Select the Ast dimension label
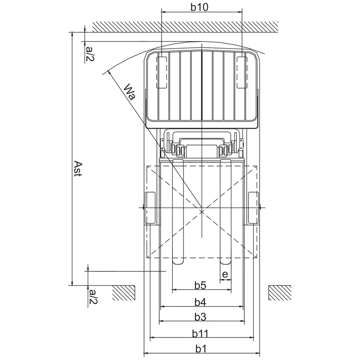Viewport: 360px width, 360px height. [78, 168]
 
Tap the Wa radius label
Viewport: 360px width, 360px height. [130, 91]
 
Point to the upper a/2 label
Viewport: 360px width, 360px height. [90, 53]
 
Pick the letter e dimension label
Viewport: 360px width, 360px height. [225, 274]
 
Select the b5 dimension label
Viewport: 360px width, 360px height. [200, 285]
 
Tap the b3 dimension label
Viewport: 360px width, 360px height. [200, 317]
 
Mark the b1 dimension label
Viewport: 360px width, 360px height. [200, 349]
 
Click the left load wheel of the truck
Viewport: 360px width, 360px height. [149, 208]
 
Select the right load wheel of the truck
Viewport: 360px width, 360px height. [254, 208]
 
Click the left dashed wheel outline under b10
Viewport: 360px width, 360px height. [161, 72]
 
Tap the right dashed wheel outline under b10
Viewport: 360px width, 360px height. [242, 72]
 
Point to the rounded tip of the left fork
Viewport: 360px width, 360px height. [178, 261]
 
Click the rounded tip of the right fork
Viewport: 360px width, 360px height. [225, 261]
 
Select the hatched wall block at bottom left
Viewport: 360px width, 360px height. [124, 293]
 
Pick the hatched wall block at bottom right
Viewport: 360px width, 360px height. [279, 293]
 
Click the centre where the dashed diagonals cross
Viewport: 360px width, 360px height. [202, 211]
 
